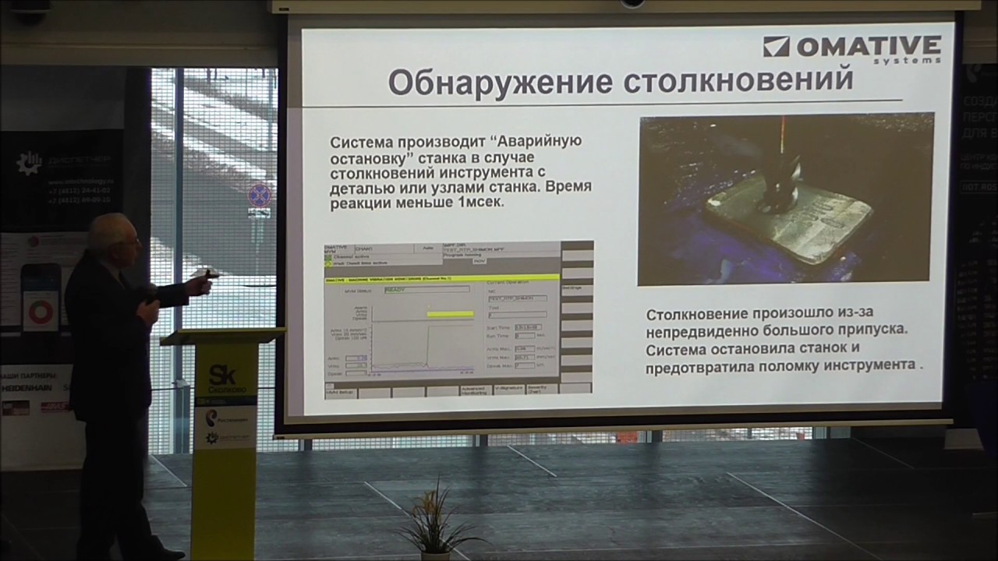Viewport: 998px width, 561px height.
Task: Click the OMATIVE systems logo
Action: [851, 49]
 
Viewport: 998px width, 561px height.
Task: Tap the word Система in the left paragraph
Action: [364, 143]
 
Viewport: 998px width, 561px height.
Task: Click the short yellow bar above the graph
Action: [450, 314]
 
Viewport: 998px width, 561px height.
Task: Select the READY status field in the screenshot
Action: [426, 288]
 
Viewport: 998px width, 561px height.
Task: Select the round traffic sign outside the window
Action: [259, 195]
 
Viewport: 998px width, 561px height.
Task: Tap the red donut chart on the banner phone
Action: [40, 311]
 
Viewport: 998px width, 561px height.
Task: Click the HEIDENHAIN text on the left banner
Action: [27, 387]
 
